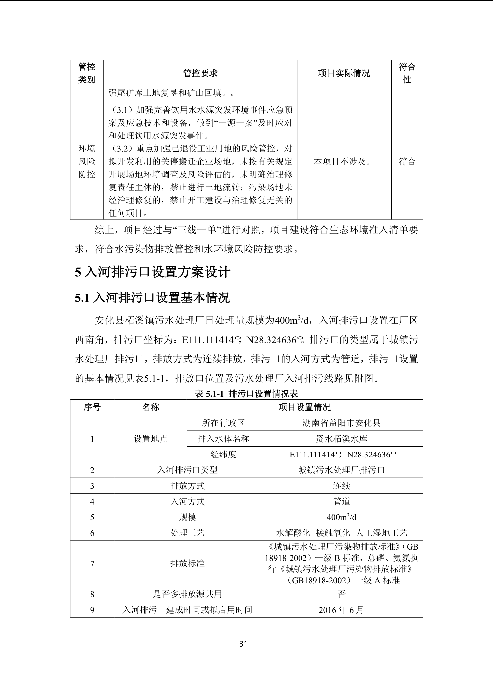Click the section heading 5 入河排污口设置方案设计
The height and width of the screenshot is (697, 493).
[x=152, y=272]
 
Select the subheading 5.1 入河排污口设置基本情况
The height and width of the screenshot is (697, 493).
[x=152, y=298]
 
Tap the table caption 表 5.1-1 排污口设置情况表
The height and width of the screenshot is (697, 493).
[x=246, y=393]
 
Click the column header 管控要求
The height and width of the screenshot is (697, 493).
[x=200, y=73]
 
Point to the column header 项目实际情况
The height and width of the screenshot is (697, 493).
[x=344, y=73]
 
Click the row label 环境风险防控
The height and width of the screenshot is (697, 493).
[x=87, y=161]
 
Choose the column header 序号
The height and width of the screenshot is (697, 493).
[x=92, y=407]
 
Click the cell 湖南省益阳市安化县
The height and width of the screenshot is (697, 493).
[x=341, y=423]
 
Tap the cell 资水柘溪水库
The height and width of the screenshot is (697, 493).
[x=341, y=439]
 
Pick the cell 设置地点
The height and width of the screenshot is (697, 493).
[x=151, y=439]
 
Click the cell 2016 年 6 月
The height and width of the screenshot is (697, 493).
[x=341, y=610]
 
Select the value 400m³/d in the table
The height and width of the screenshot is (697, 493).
[x=341, y=517]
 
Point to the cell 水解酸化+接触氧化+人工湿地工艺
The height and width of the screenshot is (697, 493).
[x=341, y=533]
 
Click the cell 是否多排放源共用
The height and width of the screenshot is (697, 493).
[x=187, y=594]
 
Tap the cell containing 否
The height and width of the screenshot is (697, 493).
[x=341, y=594]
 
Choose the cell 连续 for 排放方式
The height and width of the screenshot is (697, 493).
[x=341, y=486]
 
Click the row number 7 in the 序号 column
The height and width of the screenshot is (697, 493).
[x=92, y=563]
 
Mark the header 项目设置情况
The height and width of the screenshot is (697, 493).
[x=304, y=407]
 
